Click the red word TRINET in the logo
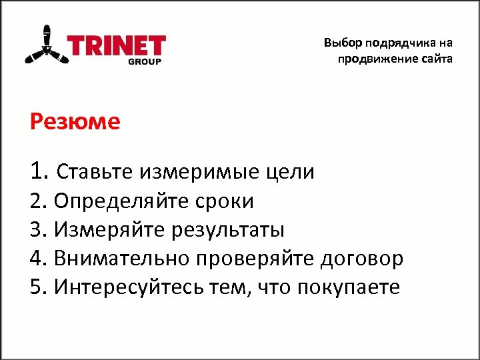click(117, 47)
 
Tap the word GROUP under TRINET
click(145, 62)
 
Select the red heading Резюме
click(75, 122)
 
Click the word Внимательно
click(127, 259)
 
